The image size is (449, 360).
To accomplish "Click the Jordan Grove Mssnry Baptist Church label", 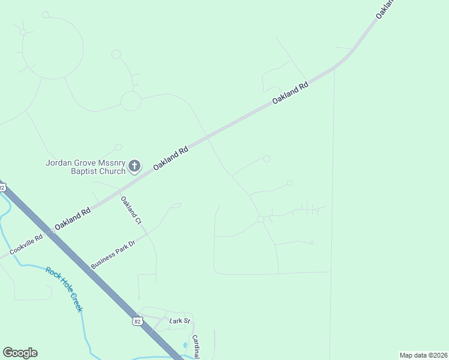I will [85, 166].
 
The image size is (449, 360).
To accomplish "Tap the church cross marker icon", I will [135, 166].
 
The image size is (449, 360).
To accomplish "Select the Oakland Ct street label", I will [131, 211].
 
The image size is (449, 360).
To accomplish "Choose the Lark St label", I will [179, 322].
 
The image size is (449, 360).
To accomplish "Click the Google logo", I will [20, 353].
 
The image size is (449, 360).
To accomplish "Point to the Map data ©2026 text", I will [423, 355].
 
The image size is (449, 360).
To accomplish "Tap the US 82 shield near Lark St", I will [137, 322].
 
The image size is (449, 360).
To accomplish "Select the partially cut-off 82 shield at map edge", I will [2, 187].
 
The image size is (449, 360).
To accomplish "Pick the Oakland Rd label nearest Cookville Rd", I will [72, 219].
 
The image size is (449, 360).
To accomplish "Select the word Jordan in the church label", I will [59, 162].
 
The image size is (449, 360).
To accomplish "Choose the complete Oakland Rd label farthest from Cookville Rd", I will [290, 94].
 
